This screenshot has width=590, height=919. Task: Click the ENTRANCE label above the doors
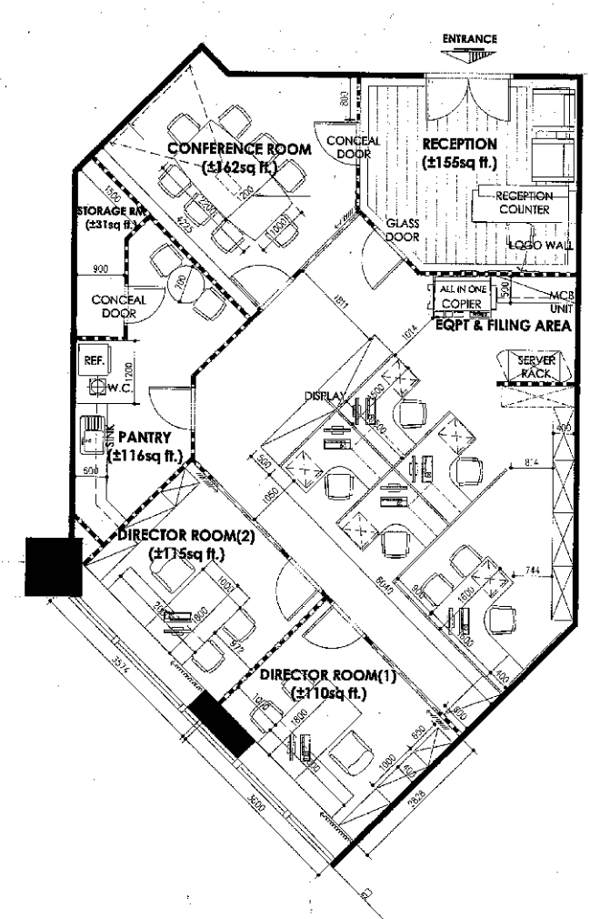pyautogui.click(x=469, y=39)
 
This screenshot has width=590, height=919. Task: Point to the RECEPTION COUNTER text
pyautogui.click(x=525, y=202)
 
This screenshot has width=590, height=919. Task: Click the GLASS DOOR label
pyautogui.click(x=401, y=229)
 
